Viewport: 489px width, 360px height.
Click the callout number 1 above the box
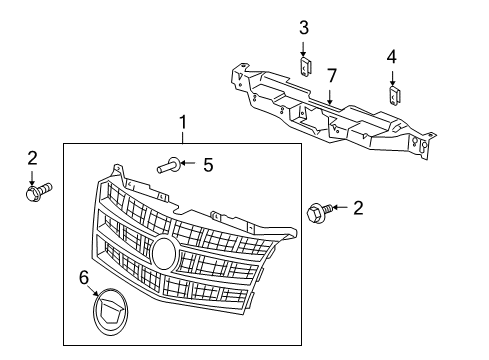[x=183, y=122]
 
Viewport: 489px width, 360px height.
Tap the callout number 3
[x=304, y=28]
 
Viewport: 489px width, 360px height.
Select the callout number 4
[x=392, y=57]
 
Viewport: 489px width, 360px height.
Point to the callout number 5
[x=208, y=165]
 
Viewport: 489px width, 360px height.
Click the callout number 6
[x=84, y=278]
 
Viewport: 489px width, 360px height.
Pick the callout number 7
[x=331, y=76]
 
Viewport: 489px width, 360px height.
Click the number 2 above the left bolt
[x=32, y=158]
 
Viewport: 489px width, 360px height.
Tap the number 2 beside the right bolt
[x=358, y=208]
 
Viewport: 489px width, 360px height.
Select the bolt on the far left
[x=38, y=192]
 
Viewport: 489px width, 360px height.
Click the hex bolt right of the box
[x=319, y=211]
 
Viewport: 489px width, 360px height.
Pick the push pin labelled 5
[x=169, y=165]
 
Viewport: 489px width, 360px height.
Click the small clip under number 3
[x=305, y=66]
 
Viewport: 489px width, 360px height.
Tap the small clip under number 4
[x=395, y=96]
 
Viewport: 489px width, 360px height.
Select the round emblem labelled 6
[x=110, y=311]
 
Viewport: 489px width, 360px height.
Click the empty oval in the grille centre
[x=164, y=252]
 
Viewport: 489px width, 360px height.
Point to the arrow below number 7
[x=330, y=97]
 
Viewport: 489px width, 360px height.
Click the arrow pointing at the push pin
[x=188, y=163]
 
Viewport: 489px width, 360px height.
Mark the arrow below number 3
[x=303, y=49]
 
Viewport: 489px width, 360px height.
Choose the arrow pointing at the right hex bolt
[x=340, y=207]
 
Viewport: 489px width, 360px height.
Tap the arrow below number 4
[x=392, y=78]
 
